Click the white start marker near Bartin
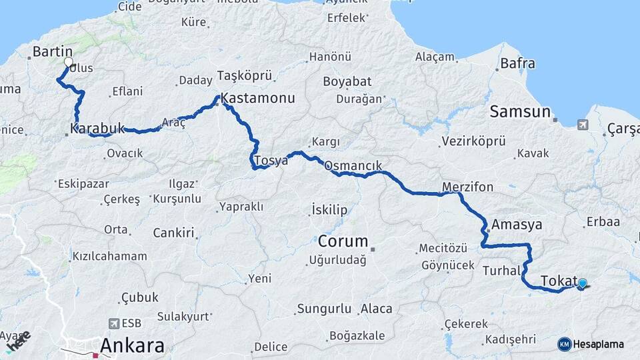point(68,63)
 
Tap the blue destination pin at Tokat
point(583,283)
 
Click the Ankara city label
point(132,345)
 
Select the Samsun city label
point(520,111)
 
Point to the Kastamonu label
point(257,98)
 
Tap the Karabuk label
point(97,128)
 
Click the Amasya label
point(517,225)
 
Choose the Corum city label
point(343,241)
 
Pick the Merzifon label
point(467,187)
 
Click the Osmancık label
point(353,166)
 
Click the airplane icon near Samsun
point(583,125)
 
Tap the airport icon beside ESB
point(113,323)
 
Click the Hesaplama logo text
point(598,344)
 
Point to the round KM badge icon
point(564,344)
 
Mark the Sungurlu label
point(324,309)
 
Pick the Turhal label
point(501,271)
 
